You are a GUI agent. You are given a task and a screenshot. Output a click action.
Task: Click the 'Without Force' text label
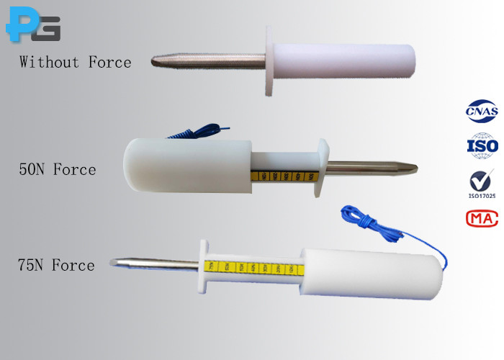click(76, 62)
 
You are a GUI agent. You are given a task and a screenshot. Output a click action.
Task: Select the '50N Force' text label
click(58, 170)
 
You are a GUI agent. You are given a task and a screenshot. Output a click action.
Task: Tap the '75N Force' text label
click(57, 266)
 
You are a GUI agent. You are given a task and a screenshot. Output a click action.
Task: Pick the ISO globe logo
click(482, 147)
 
